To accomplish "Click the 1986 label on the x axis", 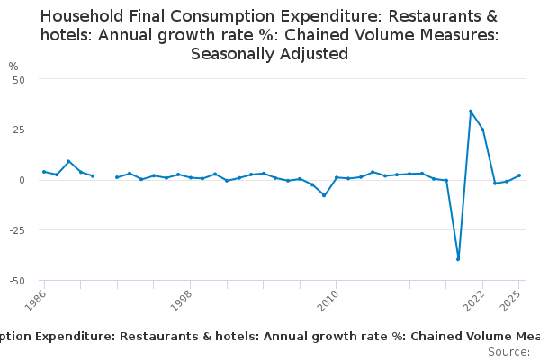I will point(38,301).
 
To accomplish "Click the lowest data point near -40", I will point(458,259).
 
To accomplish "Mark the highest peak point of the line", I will point(471,112).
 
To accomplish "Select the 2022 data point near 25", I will point(482,130).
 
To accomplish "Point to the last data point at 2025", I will point(519,175).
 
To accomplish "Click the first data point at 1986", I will point(44,172).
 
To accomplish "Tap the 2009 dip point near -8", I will point(324,195).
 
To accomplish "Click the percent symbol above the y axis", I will point(13,67).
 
